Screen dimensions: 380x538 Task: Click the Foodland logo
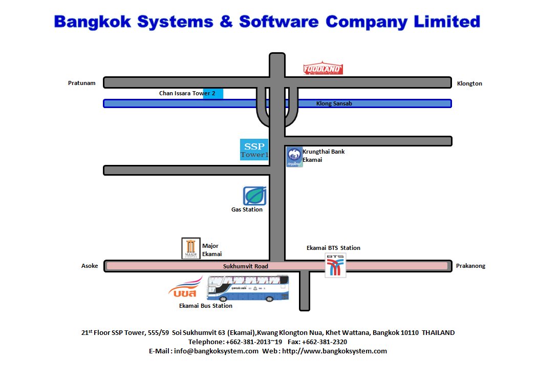(323, 69)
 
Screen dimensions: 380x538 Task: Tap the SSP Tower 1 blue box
(254, 149)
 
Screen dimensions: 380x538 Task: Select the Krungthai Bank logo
(294, 157)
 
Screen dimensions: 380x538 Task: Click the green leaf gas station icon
(254, 196)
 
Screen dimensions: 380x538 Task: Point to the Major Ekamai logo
(191, 248)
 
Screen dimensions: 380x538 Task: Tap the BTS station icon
(336, 265)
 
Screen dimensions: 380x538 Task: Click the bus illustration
(247, 288)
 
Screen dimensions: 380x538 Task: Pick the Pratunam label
(82, 83)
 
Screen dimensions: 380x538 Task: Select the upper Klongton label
(469, 83)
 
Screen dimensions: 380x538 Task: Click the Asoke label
(90, 266)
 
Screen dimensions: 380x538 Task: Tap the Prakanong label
(470, 266)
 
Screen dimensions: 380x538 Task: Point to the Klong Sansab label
(334, 103)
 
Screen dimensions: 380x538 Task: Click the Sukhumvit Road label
(246, 266)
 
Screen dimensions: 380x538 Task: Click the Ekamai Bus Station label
(206, 306)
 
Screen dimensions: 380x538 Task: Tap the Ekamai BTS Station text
(333, 248)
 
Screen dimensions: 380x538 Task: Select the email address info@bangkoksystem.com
(216, 351)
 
